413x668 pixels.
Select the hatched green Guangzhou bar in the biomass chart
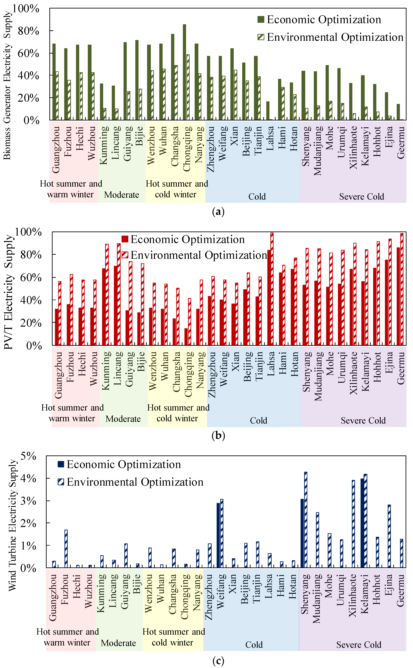pyautogui.click(x=57, y=96)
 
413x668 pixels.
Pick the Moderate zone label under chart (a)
pyautogui.click(x=122, y=195)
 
